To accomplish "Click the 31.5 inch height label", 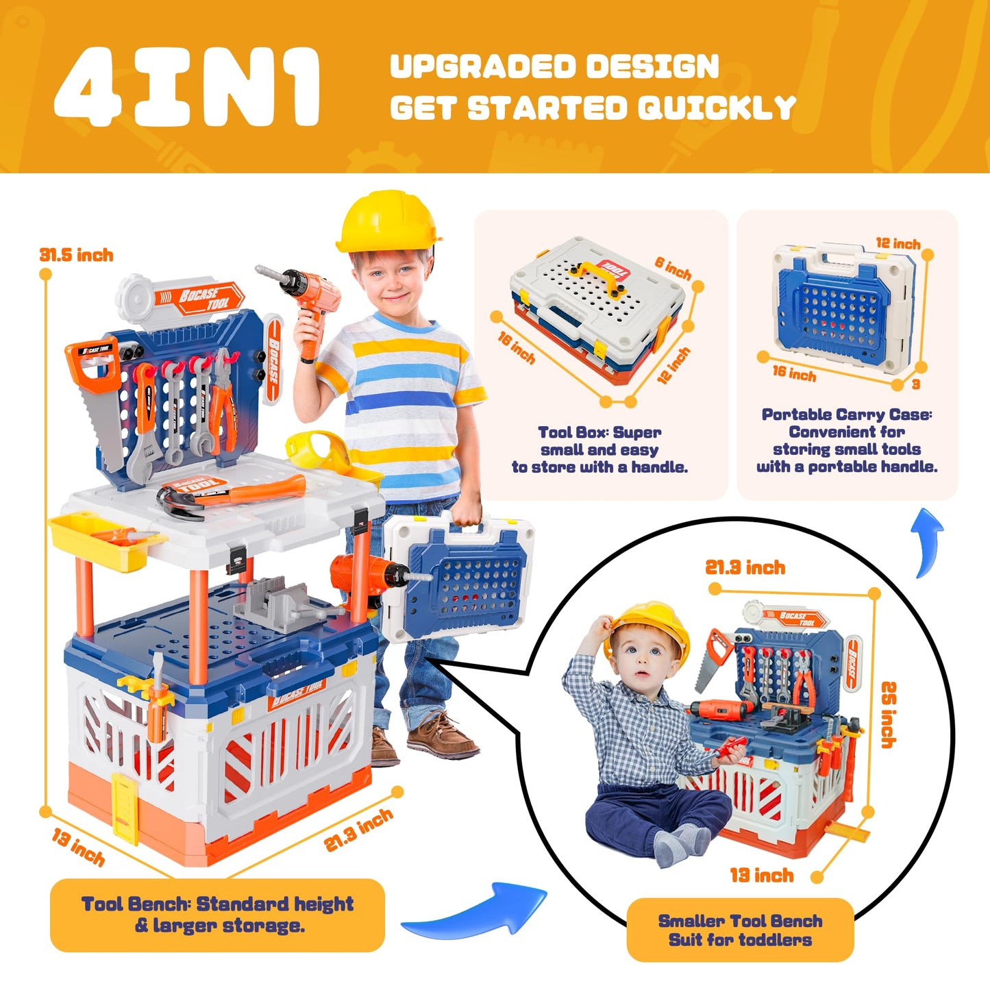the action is click(77, 255).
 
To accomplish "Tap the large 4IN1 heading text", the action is click(188, 87).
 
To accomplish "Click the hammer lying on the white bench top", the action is click(231, 494).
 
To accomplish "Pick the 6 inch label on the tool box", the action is click(673, 268).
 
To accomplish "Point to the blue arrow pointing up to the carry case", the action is click(930, 542).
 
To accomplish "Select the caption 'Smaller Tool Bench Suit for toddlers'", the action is click(741, 930).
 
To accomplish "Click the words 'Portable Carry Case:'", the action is click(847, 414).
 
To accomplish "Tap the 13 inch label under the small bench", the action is click(762, 875).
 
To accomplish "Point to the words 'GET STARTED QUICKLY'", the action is click(593, 108).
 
